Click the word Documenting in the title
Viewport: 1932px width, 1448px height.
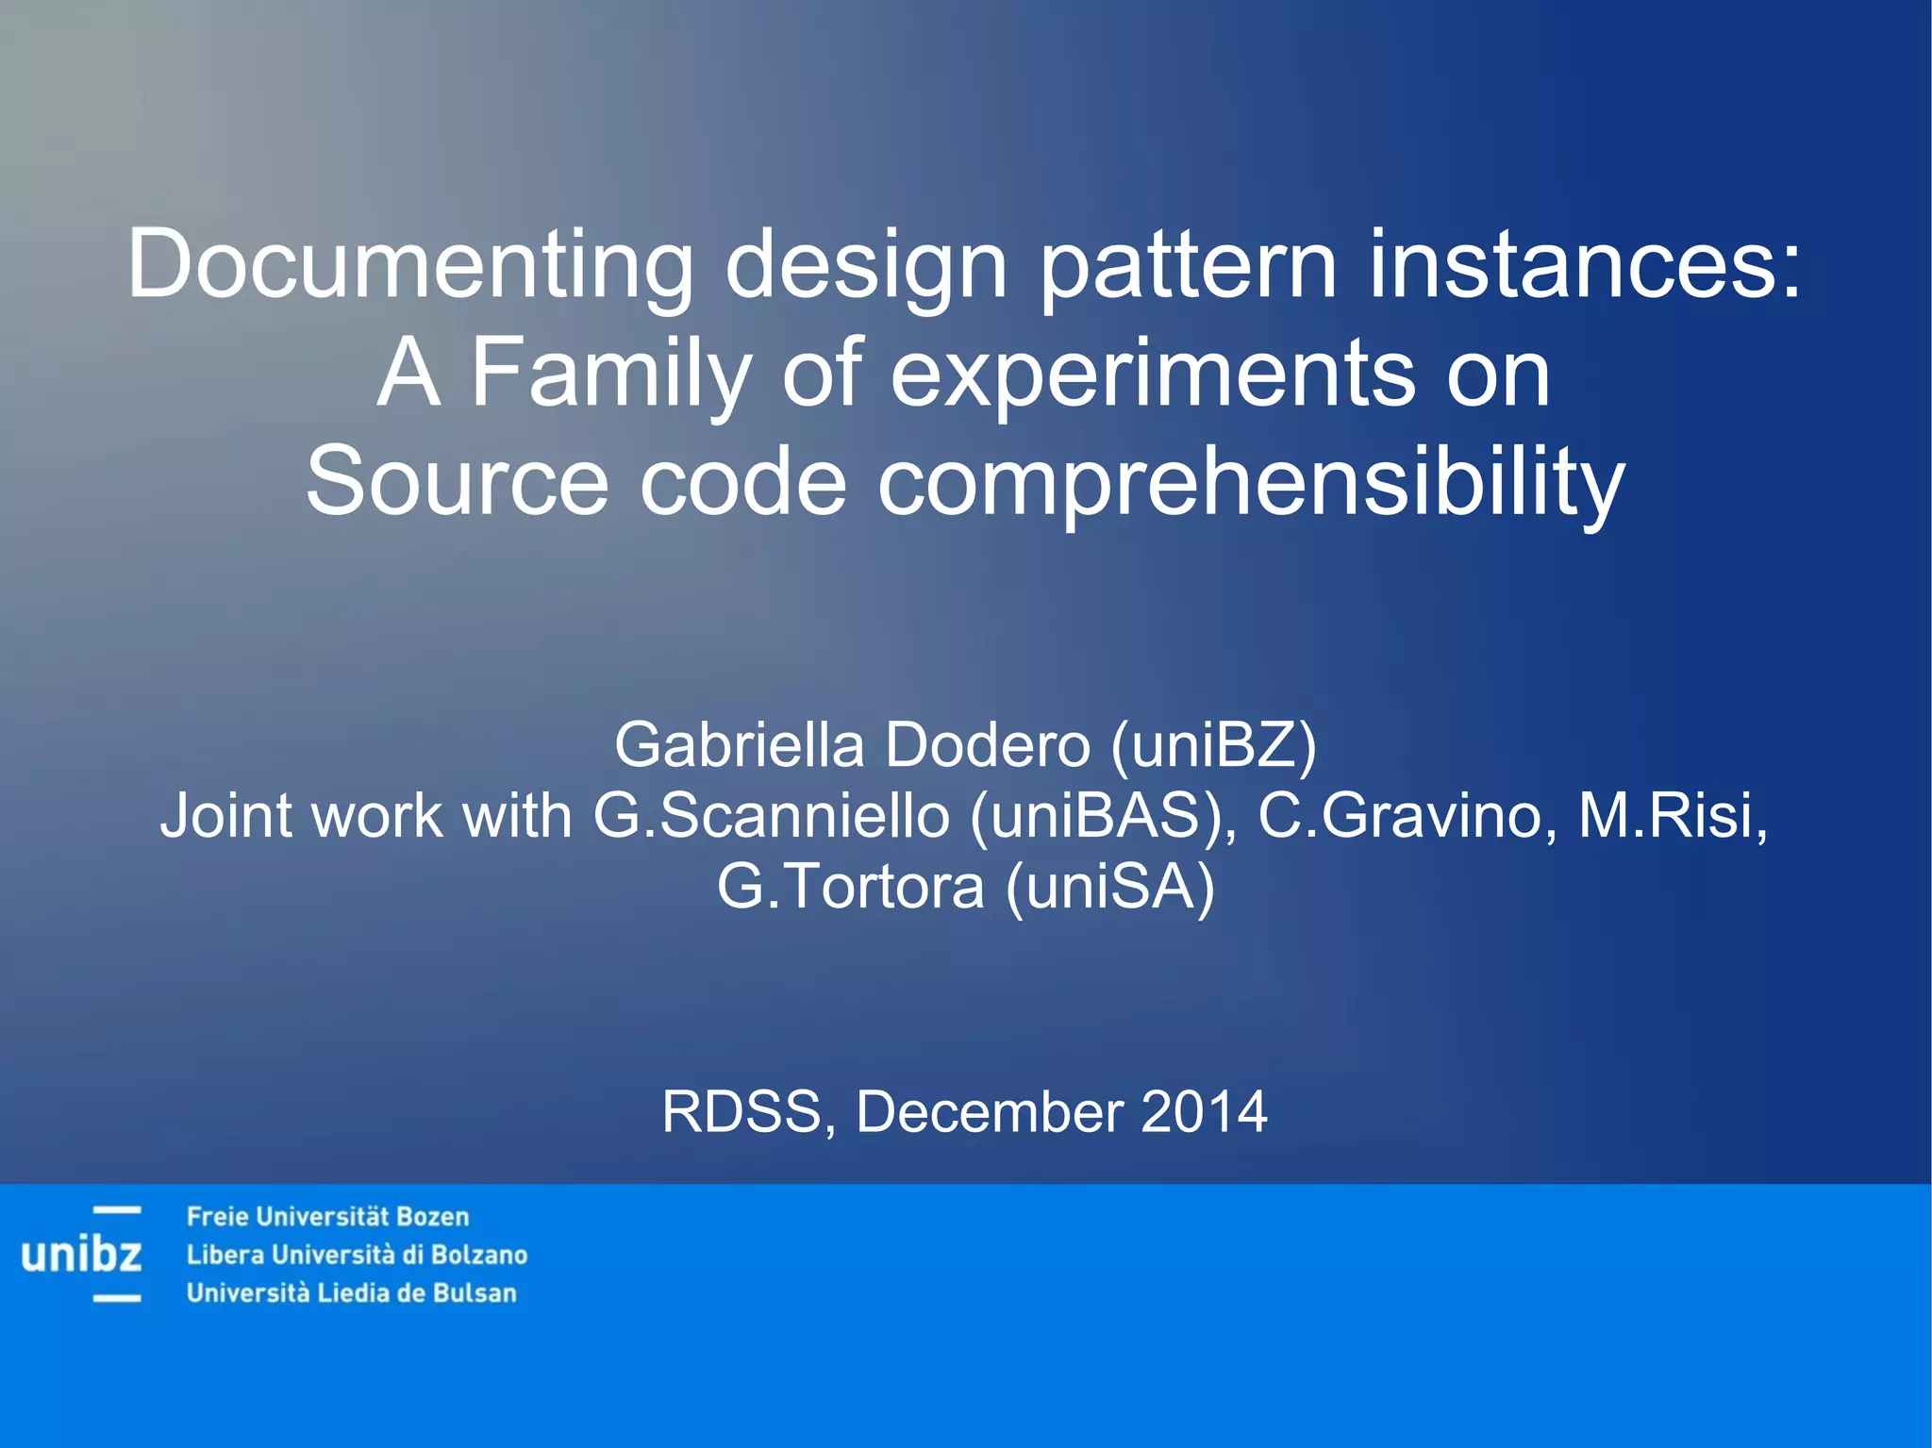tap(409, 265)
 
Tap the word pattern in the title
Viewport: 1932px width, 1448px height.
tap(1188, 265)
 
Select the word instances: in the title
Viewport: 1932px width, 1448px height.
tap(1585, 265)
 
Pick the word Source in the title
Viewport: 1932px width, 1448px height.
tap(457, 482)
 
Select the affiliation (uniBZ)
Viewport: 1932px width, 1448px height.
tap(1213, 745)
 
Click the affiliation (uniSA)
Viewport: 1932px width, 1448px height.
tap(1110, 887)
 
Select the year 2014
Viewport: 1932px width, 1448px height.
tap(1204, 1111)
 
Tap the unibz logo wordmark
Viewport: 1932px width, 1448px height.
tap(81, 1256)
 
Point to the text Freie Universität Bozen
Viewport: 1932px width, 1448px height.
tap(327, 1217)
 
